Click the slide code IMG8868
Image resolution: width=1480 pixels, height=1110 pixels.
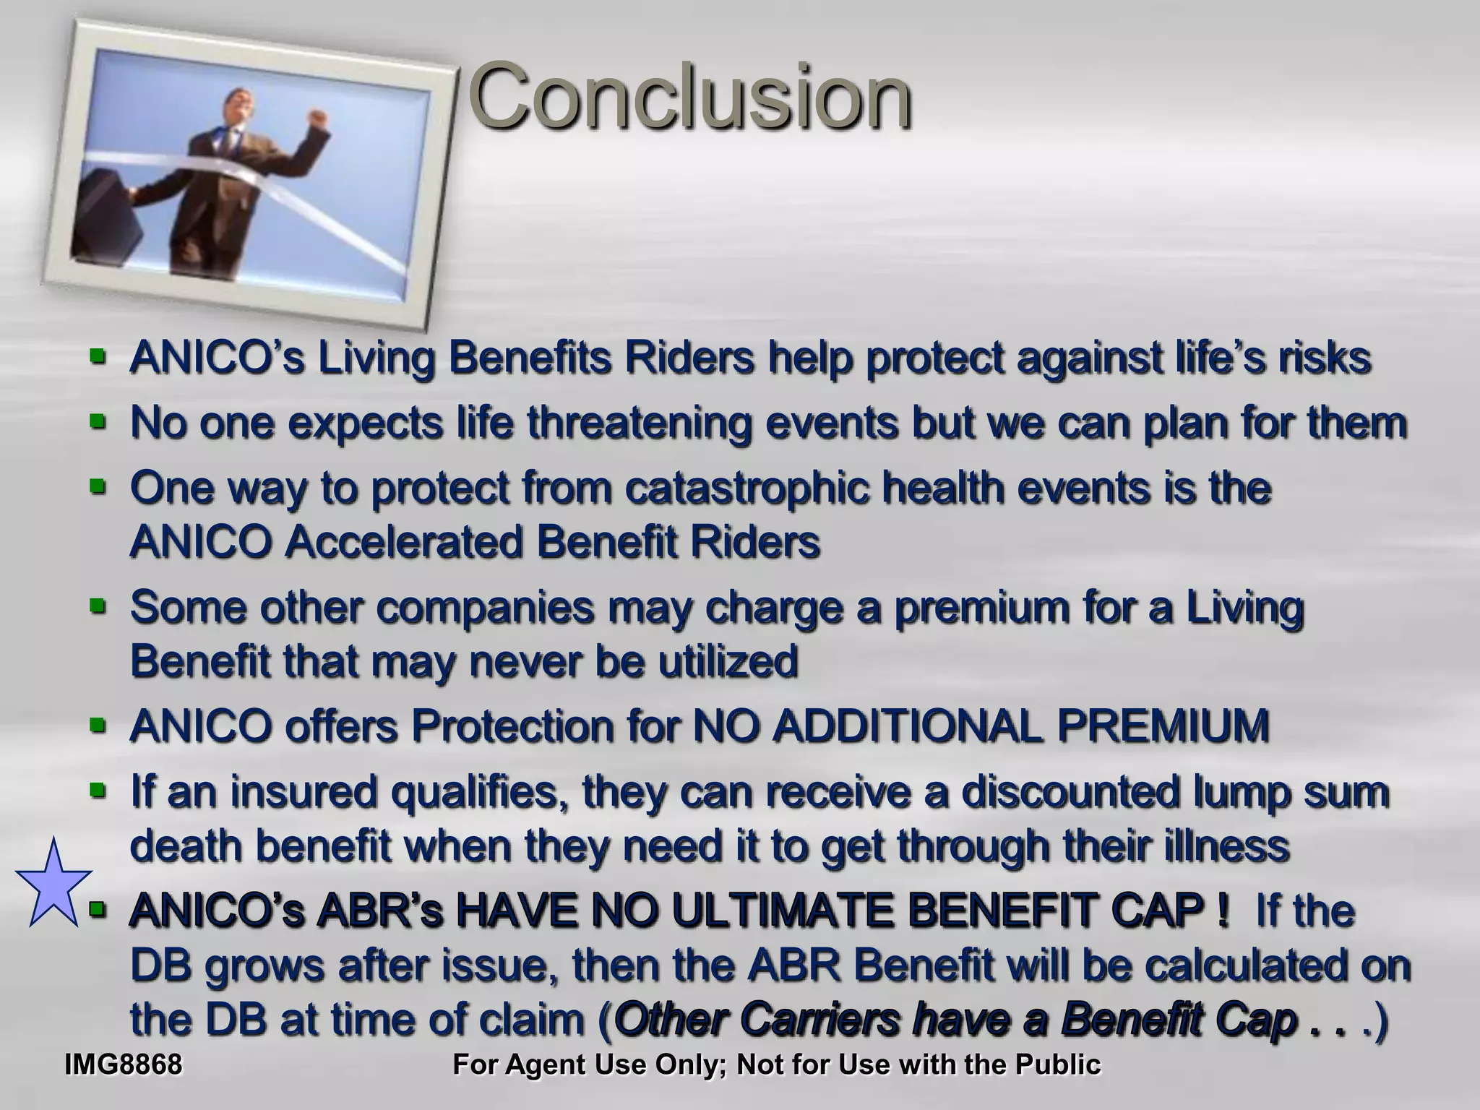[123, 1064]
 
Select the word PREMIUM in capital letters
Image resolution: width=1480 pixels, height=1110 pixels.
[1163, 726]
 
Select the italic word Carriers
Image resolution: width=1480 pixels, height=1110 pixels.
[820, 1020]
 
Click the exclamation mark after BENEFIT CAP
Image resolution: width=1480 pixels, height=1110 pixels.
[1222, 911]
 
